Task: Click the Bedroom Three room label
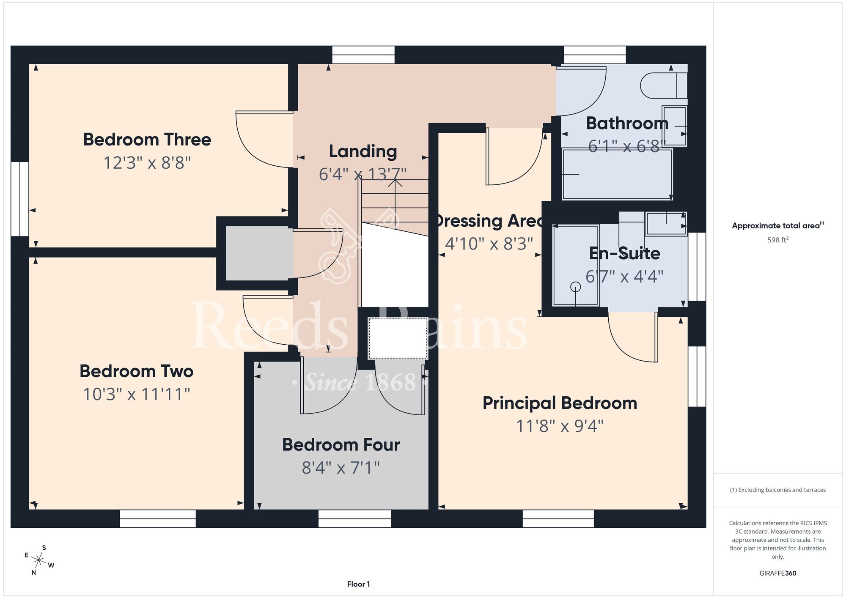(147, 140)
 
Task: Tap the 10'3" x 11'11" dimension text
(136, 394)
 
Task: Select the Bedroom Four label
(341, 445)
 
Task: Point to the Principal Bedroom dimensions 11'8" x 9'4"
(560, 426)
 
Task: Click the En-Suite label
(624, 253)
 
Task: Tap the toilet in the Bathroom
(664, 86)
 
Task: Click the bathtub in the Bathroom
(617, 174)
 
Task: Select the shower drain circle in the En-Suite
(575, 287)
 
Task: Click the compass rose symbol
(39, 561)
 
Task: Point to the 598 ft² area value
(777, 240)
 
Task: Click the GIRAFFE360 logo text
(777, 573)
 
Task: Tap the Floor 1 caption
(358, 584)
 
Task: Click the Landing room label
(363, 151)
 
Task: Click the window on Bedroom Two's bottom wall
(158, 518)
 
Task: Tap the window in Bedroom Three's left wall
(19, 199)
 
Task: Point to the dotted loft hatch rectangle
(398, 338)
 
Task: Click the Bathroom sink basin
(674, 126)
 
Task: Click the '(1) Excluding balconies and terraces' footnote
(777, 490)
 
